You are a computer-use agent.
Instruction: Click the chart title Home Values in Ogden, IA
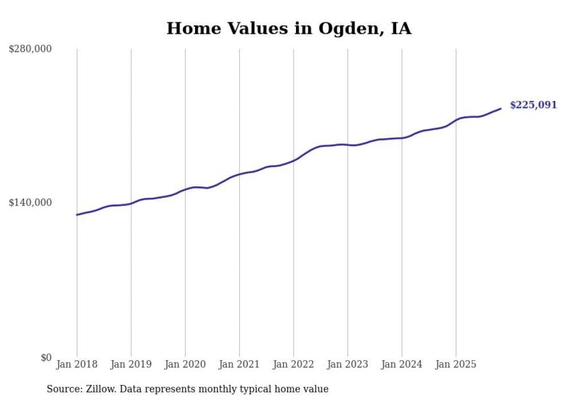click(288, 28)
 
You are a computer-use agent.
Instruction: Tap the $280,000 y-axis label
click(30, 49)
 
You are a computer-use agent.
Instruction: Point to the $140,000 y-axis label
click(30, 203)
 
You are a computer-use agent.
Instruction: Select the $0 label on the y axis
click(46, 357)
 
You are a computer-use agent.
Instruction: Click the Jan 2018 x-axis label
click(77, 364)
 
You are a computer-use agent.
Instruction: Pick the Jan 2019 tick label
click(131, 364)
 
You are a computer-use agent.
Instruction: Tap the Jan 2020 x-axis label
click(185, 364)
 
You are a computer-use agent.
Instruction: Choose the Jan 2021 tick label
click(239, 364)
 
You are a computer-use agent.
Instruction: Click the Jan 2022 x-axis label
click(293, 364)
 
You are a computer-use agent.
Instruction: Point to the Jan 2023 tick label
click(348, 364)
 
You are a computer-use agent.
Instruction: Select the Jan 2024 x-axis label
click(401, 364)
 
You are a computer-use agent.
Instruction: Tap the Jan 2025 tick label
click(456, 364)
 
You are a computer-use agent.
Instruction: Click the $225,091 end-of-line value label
click(533, 105)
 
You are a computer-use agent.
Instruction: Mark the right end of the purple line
click(501, 108)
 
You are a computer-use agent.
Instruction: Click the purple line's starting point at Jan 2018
click(77, 215)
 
